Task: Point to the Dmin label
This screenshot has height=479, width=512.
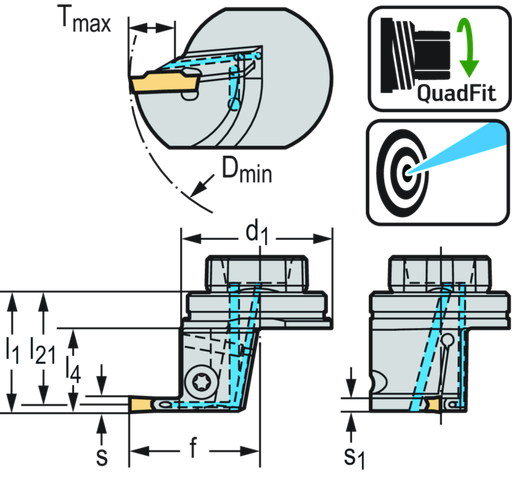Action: pos(247,170)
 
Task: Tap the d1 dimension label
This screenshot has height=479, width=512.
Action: pos(257,234)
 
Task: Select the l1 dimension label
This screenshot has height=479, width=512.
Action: pos(12,351)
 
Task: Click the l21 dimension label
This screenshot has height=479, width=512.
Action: pos(42,351)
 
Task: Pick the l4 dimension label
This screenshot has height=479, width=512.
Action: pos(73,369)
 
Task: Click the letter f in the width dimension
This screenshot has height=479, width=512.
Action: pos(194,448)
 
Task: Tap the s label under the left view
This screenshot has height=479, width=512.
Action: pos(102,457)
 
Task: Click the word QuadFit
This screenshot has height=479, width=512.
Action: pos(456,93)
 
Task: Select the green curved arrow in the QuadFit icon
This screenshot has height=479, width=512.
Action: pos(468,47)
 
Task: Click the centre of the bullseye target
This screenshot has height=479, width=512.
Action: pos(407,172)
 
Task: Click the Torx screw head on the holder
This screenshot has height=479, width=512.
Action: pos(200,381)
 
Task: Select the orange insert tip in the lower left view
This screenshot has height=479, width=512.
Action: pos(140,405)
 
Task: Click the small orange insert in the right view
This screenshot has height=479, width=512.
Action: pos(434,404)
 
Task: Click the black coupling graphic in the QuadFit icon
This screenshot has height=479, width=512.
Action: pos(415,55)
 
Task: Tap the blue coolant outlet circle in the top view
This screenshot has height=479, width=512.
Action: pos(233,104)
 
